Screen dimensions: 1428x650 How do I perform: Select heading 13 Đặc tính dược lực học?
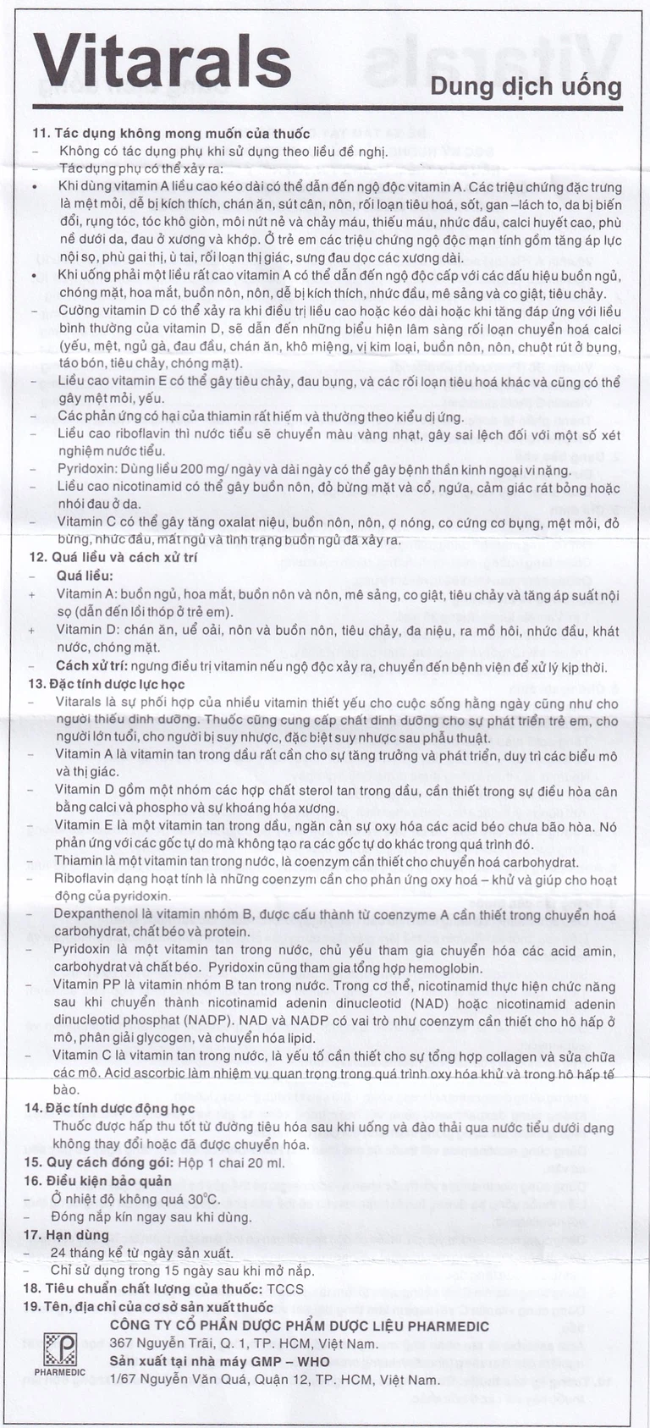(118, 683)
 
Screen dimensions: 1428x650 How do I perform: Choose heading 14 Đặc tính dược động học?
(124, 1108)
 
